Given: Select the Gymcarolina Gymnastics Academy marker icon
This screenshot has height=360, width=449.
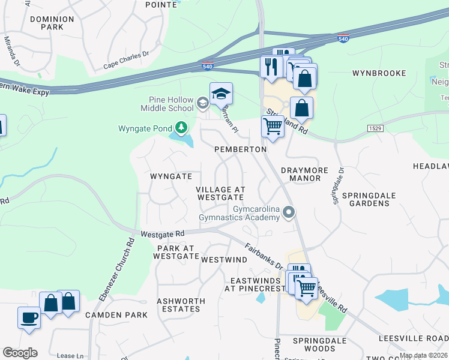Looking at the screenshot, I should click(289, 212).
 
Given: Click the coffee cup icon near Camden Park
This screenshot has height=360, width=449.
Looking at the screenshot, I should click(29, 317).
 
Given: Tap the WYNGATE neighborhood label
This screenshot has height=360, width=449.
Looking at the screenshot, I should click(171, 176).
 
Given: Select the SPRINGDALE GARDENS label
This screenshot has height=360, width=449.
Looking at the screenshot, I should click(366, 199).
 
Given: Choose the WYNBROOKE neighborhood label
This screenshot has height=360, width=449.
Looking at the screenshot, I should click(379, 73).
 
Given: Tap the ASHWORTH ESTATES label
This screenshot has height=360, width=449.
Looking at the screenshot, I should click(181, 305).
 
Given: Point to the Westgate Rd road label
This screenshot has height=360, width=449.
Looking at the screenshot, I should click(163, 233).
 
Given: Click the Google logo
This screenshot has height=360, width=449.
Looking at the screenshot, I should click(20, 353).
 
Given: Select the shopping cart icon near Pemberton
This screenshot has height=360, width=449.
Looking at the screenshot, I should click(273, 127).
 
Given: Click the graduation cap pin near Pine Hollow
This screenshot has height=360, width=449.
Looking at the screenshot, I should click(221, 94).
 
